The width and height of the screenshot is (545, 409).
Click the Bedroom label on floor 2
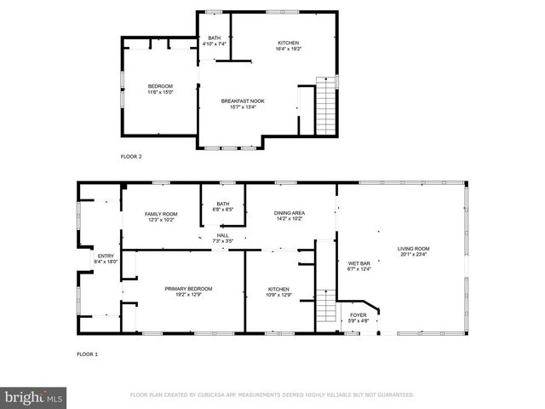[x=161, y=86]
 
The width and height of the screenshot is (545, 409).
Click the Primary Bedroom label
[x=188, y=289]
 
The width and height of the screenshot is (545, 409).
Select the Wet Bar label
[x=358, y=264]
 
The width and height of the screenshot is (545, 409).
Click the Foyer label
[x=359, y=315]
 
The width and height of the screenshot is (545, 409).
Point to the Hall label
[x=222, y=236]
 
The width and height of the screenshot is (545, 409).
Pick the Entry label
[x=106, y=256]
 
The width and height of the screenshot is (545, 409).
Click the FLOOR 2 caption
[x=130, y=157]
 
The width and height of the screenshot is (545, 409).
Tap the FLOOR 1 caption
[x=88, y=354]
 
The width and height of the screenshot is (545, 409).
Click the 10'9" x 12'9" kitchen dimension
[x=279, y=295]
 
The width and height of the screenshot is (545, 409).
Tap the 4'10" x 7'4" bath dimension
[x=215, y=44]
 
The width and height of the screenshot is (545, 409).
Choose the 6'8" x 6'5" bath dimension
[x=222, y=209]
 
